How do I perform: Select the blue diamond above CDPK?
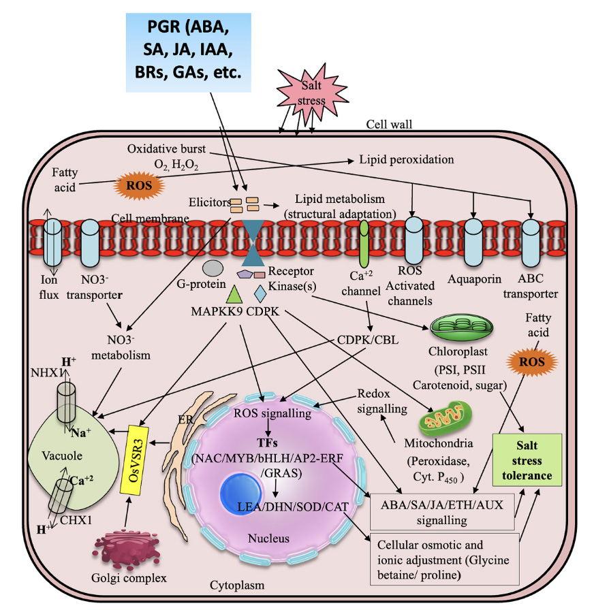(260, 293)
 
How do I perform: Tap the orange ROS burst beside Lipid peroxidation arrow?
(140, 184)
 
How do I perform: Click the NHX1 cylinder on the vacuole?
(67, 395)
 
